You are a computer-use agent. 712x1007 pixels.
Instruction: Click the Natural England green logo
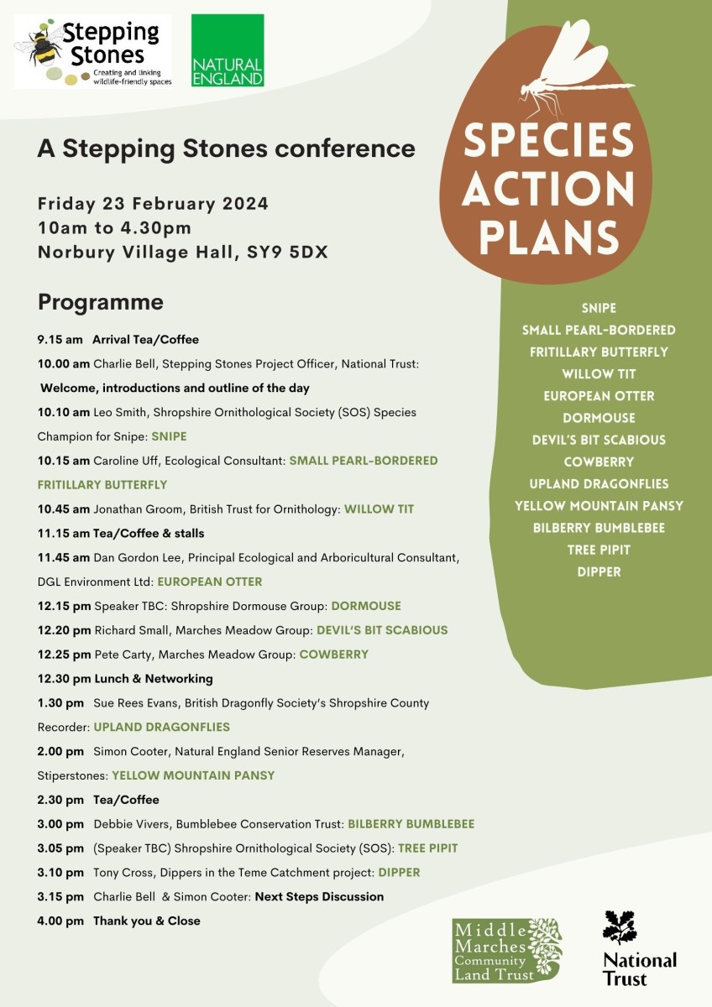[227, 50]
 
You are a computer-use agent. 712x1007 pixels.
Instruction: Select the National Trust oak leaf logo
[620, 927]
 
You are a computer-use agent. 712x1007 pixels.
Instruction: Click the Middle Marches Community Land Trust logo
[506, 949]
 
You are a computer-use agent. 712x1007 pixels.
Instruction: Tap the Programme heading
[100, 302]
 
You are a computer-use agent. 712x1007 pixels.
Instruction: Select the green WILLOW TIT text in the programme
[379, 509]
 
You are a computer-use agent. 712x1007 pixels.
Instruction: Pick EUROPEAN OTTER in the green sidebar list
[599, 396]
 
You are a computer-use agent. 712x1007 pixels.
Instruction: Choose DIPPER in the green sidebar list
[599, 571]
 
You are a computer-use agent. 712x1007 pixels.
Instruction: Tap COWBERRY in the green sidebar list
[599, 462]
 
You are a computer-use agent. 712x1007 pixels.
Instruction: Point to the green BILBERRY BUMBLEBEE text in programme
[411, 824]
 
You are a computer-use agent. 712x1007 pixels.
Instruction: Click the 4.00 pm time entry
[60, 921]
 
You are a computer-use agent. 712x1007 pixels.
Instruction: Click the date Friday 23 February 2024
[153, 204]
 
